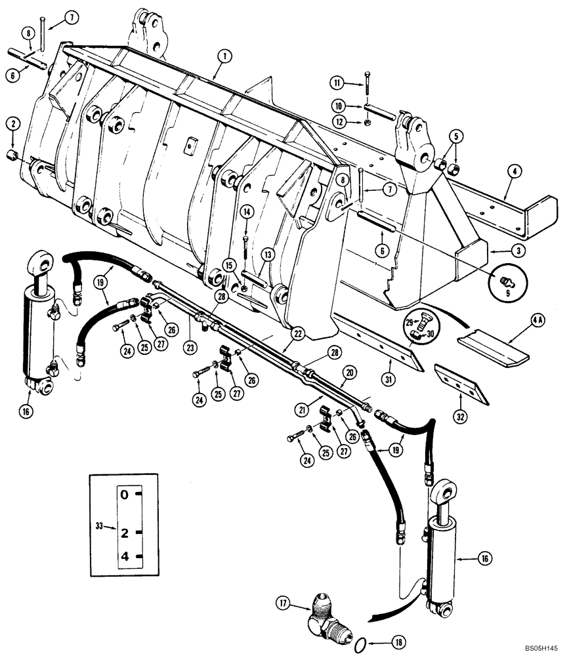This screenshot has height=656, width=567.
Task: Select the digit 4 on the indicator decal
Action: [123, 558]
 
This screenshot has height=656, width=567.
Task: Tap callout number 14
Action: [246, 212]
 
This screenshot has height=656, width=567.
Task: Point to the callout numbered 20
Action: [349, 372]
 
